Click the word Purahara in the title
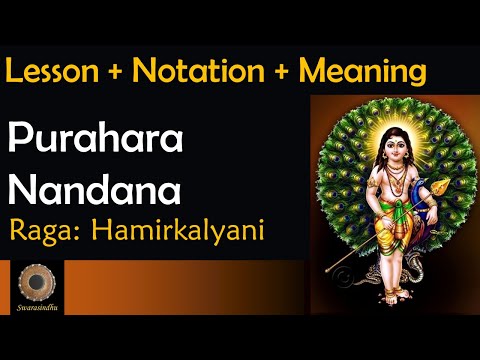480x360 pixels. (97, 141)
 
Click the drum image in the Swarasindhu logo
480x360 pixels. (38, 281)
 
